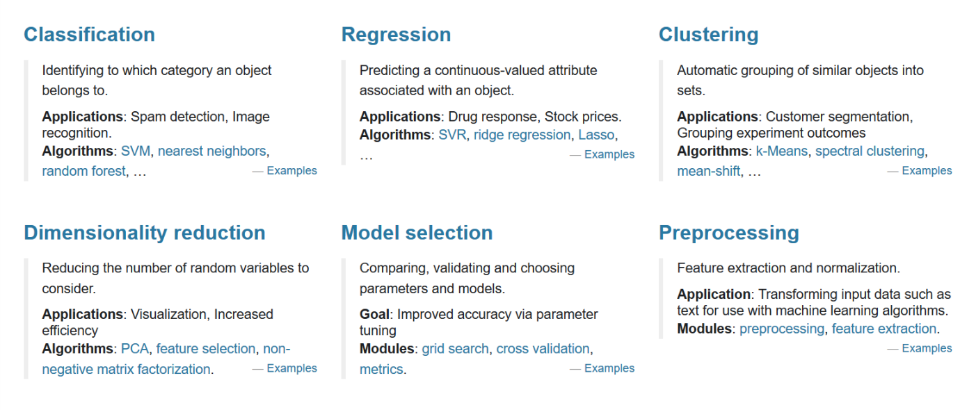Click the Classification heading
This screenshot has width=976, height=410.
click(x=89, y=35)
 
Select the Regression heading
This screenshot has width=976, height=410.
click(x=396, y=35)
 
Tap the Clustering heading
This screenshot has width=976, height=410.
click(x=708, y=35)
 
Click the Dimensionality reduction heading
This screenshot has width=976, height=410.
click(x=145, y=233)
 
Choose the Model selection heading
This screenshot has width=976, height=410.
click(x=417, y=233)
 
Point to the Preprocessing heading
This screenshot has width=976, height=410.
click(x=728, y=233)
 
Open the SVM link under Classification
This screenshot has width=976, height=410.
click(x=136, y=151)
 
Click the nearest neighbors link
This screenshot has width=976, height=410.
click(x=211, y=151)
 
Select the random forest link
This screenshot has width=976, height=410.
click(x=83, y=171)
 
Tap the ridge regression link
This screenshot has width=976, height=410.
click(x=522, y=135)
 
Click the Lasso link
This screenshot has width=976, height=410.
click(x=596, y=135)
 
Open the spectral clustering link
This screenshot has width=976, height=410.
click(x=870, y=151)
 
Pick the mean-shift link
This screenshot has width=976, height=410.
click(x=708, y=171)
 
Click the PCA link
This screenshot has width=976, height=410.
click(x=135, y=349)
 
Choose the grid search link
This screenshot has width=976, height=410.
click(x=455, y=349)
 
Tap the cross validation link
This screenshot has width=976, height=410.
click(x=543, y=349)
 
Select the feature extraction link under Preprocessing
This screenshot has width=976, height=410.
click(x=883, y=329)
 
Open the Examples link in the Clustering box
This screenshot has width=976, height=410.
click(x=927, y=171)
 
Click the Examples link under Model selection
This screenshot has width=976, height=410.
click(x=609, y=369)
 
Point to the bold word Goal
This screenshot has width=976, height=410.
click(x=374, y=314)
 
